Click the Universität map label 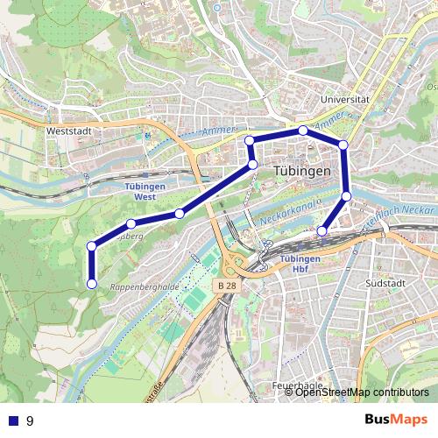click(x=346, y=100)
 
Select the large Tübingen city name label click(x=301, y=172)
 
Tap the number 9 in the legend click(x=30, y=421)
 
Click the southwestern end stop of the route click(x=91, y=282)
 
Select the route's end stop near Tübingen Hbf click(x=322, y=231)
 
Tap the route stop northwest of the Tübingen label click(x=250, y=140)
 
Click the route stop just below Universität click(x=303, y=131)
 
